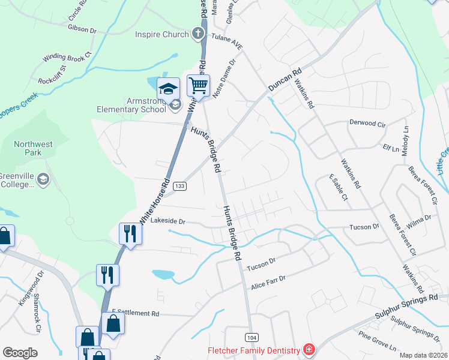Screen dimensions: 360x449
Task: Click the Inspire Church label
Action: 161,34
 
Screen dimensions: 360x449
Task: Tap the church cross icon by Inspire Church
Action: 199,34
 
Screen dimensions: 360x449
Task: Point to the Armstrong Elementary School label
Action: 132,105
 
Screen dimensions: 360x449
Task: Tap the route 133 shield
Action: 179,187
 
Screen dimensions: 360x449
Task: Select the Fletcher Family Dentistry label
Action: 253,350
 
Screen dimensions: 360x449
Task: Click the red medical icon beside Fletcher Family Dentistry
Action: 309,349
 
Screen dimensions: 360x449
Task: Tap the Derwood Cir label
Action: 367,123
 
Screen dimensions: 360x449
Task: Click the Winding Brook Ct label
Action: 66,58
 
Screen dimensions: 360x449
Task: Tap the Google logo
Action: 20,353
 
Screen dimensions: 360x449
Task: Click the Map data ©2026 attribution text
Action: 423,355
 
